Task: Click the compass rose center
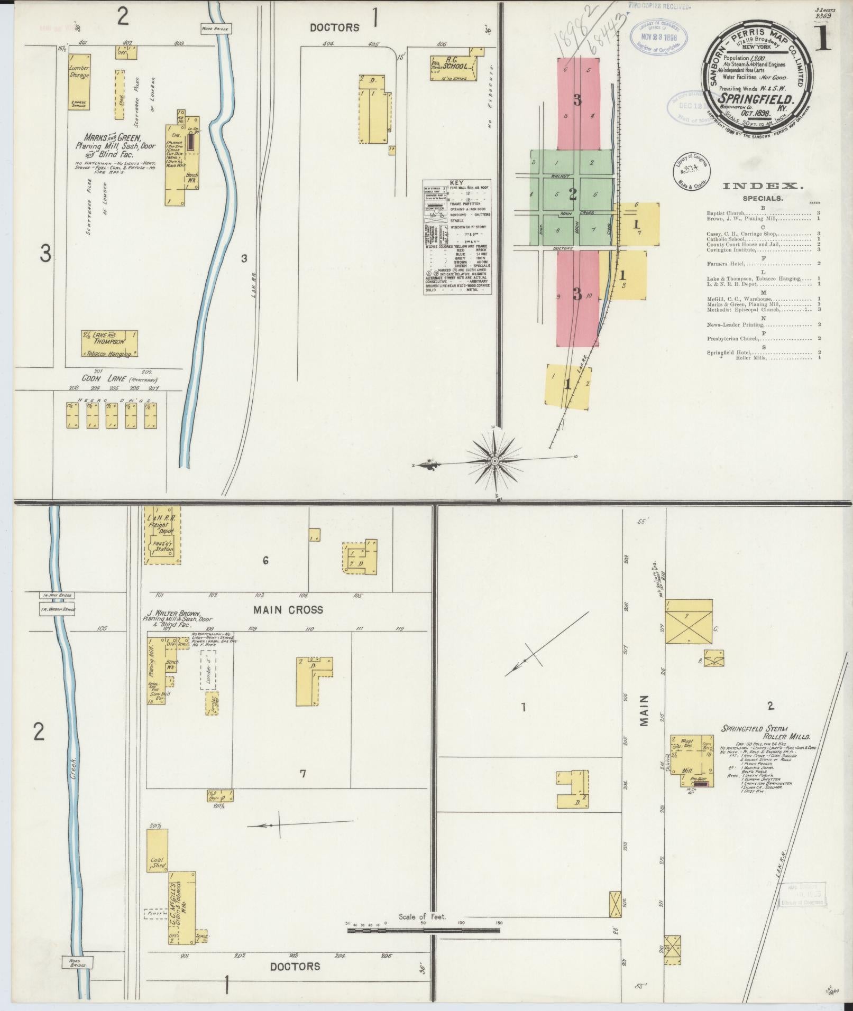(494, 461)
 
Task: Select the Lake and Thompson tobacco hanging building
(109, 344)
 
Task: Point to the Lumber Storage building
(79, 81)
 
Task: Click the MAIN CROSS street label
(288, 610)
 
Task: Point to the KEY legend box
(456, 237)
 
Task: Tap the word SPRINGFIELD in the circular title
(755, 99)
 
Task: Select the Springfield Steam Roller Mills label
(765, 732)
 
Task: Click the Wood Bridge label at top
(214, 29)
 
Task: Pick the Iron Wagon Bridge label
(58, 609)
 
